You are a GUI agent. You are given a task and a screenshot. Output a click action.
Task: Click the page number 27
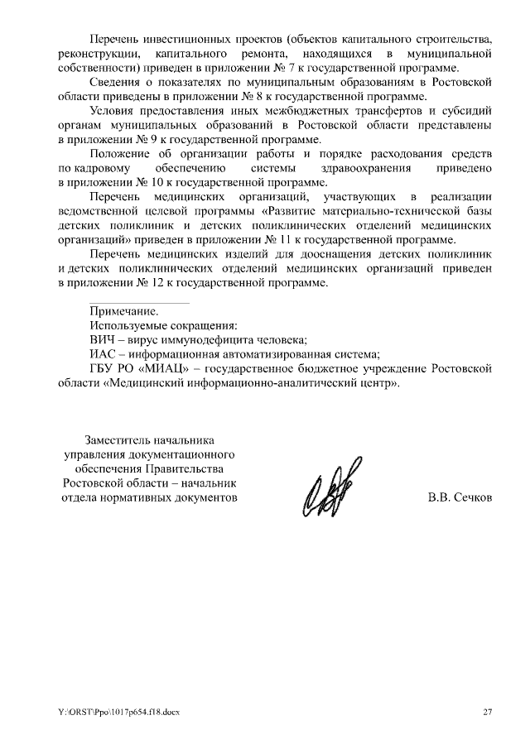coord(488,713)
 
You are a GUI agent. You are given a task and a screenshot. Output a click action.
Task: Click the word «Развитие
coord(297,211)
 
